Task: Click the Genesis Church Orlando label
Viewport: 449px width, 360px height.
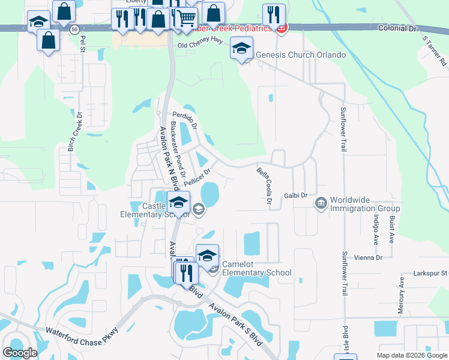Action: point(301,55)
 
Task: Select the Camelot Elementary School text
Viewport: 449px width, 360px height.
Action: point(257,268)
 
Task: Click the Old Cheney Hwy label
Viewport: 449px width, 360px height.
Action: point(200,45)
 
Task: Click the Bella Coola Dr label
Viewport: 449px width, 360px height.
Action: point(262,185)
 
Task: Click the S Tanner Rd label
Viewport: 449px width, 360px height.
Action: point(435,50)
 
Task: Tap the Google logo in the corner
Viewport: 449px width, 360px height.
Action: point(20,353)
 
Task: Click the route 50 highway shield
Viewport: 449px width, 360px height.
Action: point(73,29)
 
